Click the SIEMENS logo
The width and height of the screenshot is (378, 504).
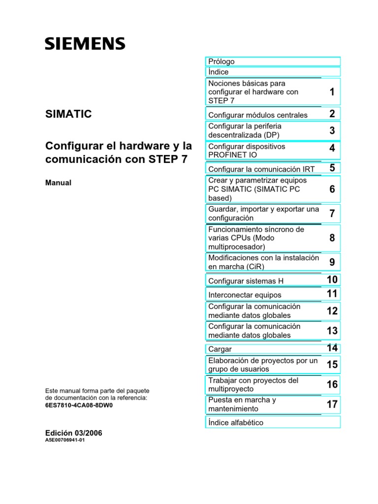[x=85, y=44]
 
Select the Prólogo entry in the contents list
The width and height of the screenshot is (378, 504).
[x=221, y=62]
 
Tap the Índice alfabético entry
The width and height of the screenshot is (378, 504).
[x=236, y=423]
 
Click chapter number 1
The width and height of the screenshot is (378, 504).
[x=332, y=92]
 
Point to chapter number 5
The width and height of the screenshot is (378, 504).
[x=332, y=168]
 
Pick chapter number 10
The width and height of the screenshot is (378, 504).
[x=332, y=280]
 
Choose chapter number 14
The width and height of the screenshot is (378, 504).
[x=332, y=348]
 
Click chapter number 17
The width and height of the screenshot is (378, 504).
[x=332, y=404]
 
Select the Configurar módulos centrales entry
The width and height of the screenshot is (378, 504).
[x=258, y=115]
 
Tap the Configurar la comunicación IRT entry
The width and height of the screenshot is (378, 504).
[x=261, y=169]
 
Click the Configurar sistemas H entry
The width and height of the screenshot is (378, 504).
[x=246, y=281]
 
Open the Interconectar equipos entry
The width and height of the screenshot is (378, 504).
[x=245, y=295]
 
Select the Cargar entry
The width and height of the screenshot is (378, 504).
[x=220, y=349]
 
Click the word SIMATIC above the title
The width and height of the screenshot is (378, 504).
[x=68, y=114]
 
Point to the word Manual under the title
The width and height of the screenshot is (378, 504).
[x=58, y=183]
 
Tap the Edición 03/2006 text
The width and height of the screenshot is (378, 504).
[x=74, y=433]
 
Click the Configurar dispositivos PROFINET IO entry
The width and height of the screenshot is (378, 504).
[x=247, y=150]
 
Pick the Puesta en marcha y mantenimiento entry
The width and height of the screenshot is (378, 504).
[x=242, y=404]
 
